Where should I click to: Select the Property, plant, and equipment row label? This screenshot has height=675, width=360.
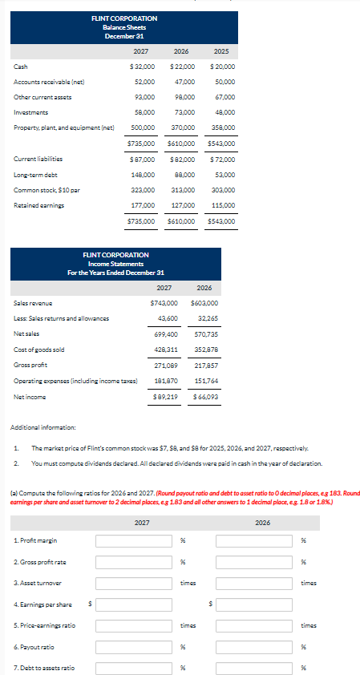pyautogui.click(x=65, y=127)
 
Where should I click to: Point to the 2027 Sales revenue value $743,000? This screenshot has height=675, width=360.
pyautogui.click(x=164, y=304)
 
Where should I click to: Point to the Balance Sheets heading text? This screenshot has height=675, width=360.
pyautogui.click(x=124, y=26)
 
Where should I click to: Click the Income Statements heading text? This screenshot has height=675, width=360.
pyautogui.click(x=115, y=263)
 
